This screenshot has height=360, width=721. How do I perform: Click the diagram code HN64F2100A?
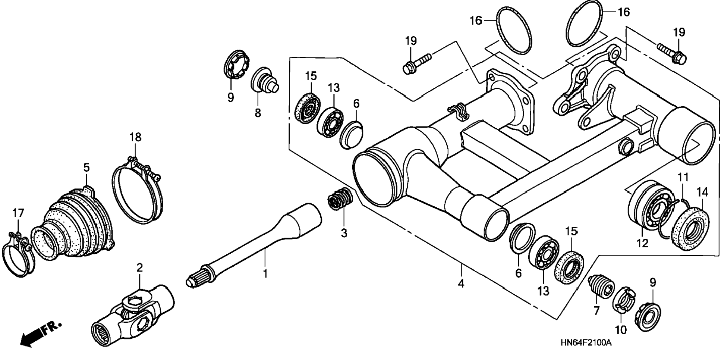(x=586, y=342)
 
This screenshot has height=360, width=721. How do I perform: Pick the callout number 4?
(x=461, y=284)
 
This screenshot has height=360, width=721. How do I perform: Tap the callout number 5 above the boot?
(x=86, y=168)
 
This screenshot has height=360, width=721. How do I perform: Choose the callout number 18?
(x=135, y=137)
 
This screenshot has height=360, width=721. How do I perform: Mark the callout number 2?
(x=139, y=267)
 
